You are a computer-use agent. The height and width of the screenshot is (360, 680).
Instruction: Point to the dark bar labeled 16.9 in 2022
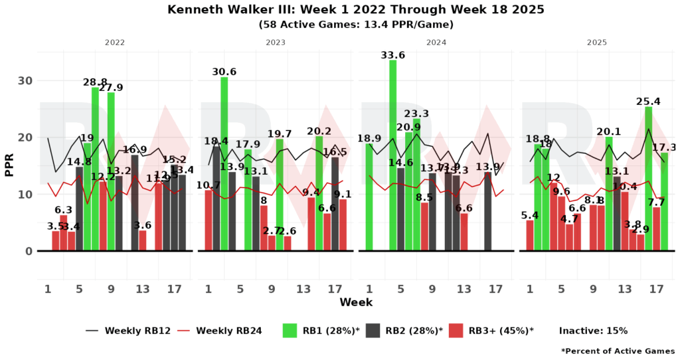click(135, 203)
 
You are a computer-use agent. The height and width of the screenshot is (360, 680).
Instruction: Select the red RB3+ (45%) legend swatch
click(457, 330)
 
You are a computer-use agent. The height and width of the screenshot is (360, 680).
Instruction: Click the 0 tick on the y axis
click(30, 251)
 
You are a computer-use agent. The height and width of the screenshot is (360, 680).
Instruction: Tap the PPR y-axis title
click(9, 165)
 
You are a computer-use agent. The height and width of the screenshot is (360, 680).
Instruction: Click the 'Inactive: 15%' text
click(593, 330)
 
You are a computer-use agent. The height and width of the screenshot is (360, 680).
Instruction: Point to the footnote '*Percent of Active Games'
click(618, 351)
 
